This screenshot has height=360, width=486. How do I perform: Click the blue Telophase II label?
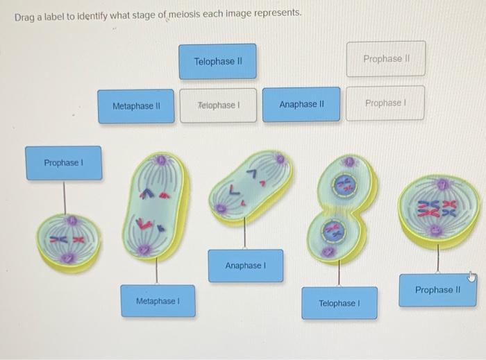(x=217, y=62)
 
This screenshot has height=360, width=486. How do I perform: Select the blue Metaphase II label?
(x=136, y=106)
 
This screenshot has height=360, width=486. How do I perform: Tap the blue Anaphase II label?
(x=301, y=105)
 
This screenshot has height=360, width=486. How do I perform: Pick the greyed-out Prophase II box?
(x=385, y=59)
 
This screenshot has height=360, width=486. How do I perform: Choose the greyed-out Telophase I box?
(x=218, y=105)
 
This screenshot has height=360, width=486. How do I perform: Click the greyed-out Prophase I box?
(x=385, y=103)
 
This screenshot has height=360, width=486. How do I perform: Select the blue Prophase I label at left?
(x=63, y=163)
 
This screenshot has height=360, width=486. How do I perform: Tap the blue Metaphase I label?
(x=158, y=301)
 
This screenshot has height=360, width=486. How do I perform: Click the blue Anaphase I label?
(x=245, y=266)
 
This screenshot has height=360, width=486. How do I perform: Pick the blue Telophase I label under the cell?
(x=339, y=303)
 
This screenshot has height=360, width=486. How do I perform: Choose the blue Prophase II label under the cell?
(x=437, y=290)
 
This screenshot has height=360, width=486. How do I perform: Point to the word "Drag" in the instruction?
(x=26, y=13)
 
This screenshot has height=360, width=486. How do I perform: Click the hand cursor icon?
(x=471, y=277)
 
